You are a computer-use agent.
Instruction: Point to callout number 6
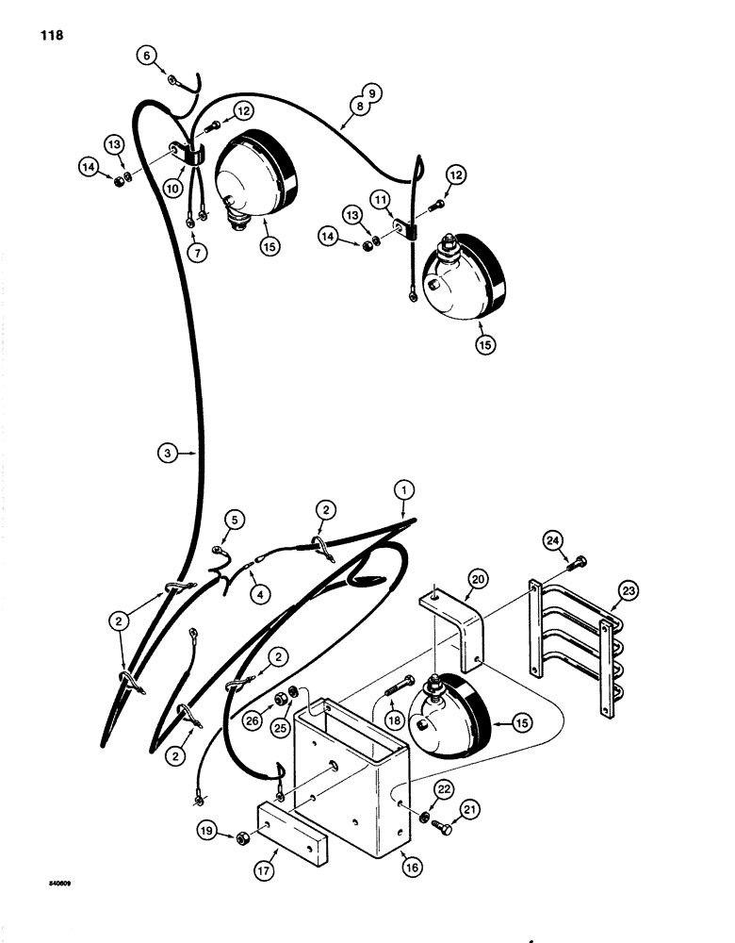click(146, 56)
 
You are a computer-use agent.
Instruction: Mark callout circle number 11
click(380, 200)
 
